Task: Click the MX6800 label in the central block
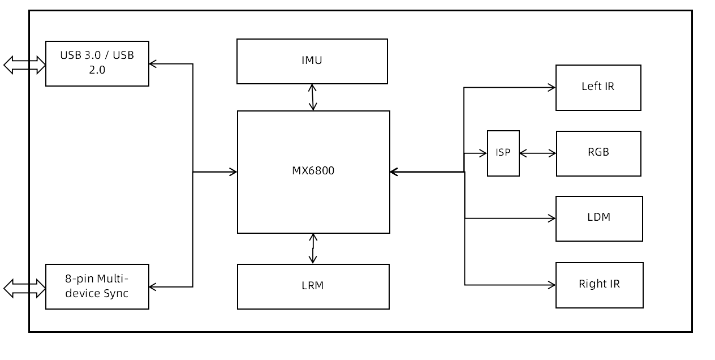coord(313,171)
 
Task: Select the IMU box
coord(312,61)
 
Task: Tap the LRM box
coord(313,286)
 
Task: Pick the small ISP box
coord(503,153)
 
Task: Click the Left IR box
coord(598,87)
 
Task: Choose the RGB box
coord(598,153)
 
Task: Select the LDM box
coord(598,218)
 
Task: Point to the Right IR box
coord(599,285)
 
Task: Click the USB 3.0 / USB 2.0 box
coord(97,63)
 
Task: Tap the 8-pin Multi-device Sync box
coord(97,286)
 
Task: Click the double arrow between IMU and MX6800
coord(312,97)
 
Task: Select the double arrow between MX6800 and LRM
coord(312,248)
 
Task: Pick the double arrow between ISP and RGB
coord(537,153)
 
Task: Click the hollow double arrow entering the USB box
coord(24,65)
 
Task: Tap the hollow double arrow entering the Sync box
coord(24,288)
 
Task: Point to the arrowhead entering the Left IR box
coord(552,87)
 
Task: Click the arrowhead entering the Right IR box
coord(552,285)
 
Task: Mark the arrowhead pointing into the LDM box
coord(552,218)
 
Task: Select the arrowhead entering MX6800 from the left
coord(233,172)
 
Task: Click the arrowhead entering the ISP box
coord(483,153)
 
